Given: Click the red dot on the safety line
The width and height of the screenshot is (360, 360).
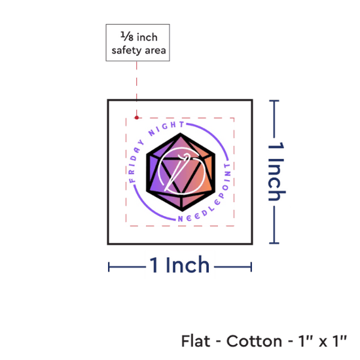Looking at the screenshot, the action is click(137, 118).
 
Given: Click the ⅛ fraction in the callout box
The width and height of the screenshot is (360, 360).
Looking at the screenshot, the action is click(127, 37).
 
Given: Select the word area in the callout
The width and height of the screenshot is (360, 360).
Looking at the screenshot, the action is click(155, 50).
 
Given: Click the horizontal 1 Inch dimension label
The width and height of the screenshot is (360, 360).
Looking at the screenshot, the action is click(179, 264).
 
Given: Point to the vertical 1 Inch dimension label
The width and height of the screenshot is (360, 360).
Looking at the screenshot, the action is click(276, 171).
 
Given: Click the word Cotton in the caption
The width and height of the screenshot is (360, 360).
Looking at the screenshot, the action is click(254, 341).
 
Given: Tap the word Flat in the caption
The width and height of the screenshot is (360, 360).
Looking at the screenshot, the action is click(196, 341).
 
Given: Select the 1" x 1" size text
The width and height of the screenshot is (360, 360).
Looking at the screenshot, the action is click(322, 341).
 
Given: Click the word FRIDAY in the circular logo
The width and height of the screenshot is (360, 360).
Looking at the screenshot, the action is click(135, 161).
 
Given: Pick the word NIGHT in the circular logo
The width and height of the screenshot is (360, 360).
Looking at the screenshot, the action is click(166, 128).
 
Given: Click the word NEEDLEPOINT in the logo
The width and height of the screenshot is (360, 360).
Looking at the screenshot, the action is click(207, 198).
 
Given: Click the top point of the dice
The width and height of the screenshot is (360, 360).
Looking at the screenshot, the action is click(181, 133).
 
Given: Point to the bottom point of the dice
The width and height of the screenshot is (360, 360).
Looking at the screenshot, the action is click(183, 210).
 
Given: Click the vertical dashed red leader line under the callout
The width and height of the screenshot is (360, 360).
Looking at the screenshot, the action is click(137, 89).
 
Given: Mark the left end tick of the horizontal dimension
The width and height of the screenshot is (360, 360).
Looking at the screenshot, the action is click(109, 267).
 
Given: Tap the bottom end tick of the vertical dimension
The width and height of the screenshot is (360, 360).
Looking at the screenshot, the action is click(274, 243).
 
